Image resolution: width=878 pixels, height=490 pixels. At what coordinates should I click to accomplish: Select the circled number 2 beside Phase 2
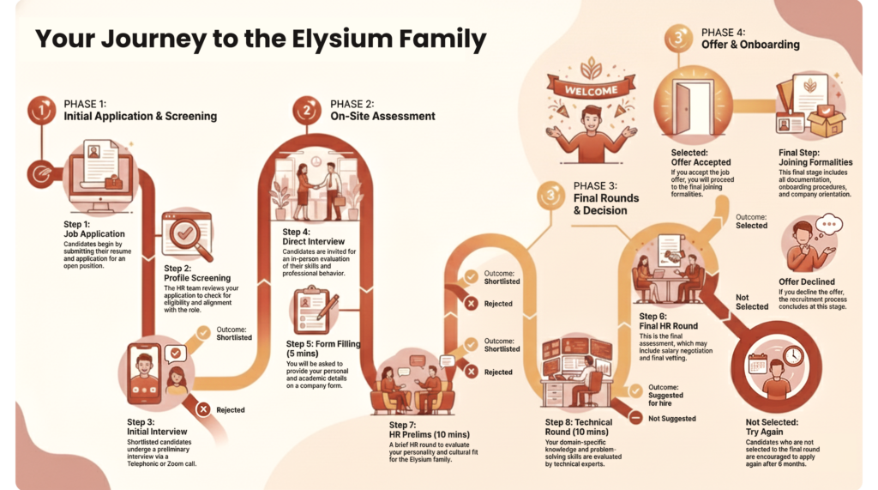306,110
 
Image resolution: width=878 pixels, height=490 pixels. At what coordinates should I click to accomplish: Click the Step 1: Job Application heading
94,228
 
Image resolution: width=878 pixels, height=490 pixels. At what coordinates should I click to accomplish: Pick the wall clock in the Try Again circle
793,355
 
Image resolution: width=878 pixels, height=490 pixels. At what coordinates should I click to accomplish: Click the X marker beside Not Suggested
635,418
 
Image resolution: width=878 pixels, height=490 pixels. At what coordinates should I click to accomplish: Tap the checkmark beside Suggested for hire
635,391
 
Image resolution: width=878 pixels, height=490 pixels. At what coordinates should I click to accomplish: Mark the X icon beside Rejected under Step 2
204,409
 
